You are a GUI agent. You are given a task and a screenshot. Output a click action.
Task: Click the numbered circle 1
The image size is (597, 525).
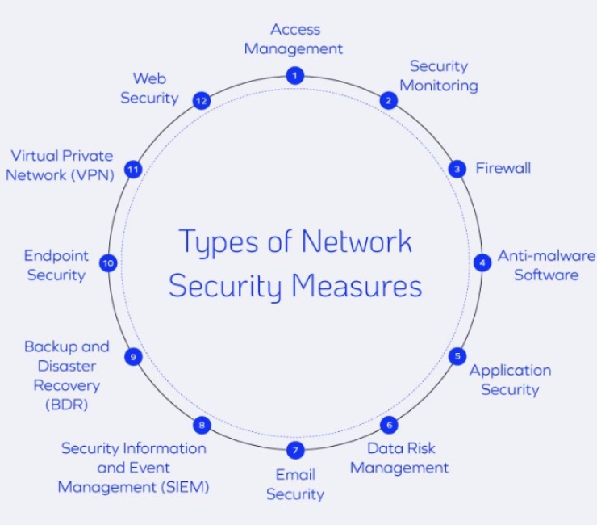295,76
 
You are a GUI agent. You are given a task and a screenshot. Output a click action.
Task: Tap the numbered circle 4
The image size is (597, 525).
482,262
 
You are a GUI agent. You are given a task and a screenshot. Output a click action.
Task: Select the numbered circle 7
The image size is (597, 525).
295,449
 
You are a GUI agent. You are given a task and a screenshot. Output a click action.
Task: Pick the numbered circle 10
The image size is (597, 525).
108,262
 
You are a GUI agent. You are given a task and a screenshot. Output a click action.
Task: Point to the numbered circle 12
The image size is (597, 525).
202,101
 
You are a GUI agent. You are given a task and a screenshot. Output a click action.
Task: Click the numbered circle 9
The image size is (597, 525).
134,356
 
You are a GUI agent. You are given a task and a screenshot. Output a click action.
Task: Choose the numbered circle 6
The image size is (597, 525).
389,425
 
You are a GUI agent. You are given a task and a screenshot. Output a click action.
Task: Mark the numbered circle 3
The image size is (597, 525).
457,169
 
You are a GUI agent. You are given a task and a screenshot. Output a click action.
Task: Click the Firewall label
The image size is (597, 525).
503,169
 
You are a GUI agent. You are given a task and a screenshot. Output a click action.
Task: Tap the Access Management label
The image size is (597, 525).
294,39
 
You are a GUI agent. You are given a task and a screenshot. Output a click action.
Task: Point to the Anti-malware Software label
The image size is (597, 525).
546,265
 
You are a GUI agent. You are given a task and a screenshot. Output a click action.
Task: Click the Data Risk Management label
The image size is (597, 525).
399,457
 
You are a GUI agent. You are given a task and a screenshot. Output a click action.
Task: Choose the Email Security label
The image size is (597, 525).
295,484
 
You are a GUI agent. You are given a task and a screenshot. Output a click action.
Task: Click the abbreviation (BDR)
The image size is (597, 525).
66,404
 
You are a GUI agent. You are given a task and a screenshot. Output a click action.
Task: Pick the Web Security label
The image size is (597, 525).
149,88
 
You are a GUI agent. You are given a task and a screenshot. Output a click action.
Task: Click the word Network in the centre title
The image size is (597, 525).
357,241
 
